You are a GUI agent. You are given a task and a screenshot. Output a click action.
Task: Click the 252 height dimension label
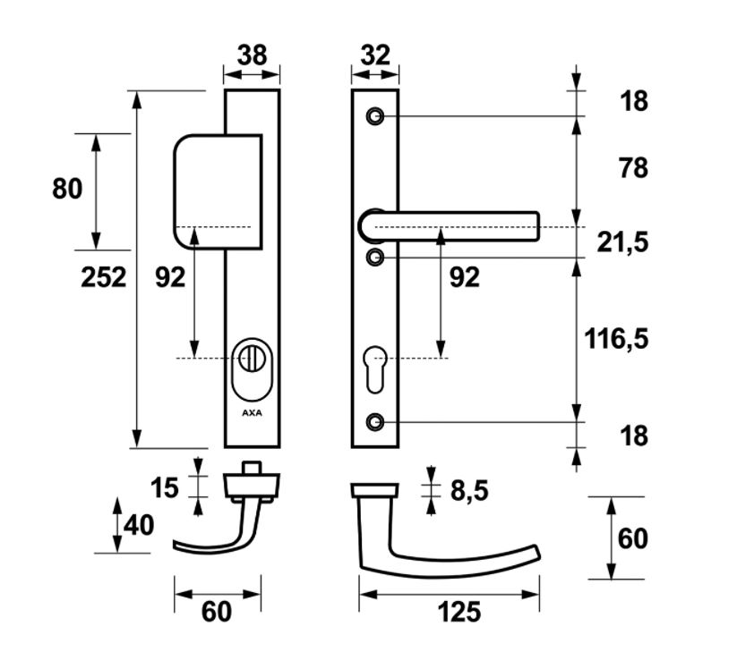pyautogui.click(x=104, y=277)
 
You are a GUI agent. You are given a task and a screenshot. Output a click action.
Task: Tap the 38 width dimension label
pyautogui.click(x=252, y=55)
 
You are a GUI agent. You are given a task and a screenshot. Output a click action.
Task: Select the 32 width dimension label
pyautogui.click(x=374, y=55)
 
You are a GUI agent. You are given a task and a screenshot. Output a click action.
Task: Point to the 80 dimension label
pyautogui.click(x=67, y=189)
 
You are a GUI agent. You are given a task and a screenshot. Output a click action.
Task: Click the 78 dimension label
pyautogui.click(x=633, y=167)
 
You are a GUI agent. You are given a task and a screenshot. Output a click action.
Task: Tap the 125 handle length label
pyautogui.click(x=459, y=613)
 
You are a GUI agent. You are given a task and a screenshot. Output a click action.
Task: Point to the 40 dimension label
pyautogui.click(x=139, y=525)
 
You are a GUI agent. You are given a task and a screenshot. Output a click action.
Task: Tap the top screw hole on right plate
pyautogui.click(x=375, y=116)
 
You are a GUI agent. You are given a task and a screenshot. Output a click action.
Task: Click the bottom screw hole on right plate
pyautogui.click(x=375, y=420)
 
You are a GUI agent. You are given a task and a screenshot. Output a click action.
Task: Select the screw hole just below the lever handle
pyautogui.click(x=375, y=258)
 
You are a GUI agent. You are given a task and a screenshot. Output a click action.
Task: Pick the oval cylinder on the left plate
pyautogui.click(x=252, y=368)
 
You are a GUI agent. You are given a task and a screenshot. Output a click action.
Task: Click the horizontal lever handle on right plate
pyautogui.click(x=457, y=226)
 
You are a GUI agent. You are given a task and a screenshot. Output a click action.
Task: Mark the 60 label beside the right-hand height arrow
pyautogui.click(x=632, y=539)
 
